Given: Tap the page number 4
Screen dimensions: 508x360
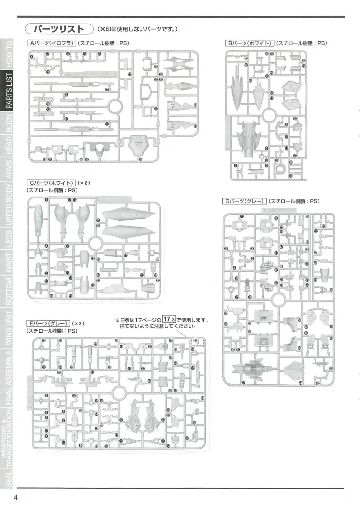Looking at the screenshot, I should tap(16, 497).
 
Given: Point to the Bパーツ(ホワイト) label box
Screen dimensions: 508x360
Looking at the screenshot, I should tap(249, 43).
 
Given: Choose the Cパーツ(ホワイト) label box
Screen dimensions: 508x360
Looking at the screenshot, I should tap(51, 183).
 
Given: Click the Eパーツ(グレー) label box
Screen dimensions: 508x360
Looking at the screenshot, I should tap(48, 323).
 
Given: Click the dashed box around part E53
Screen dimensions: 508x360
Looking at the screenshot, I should tap(198, 342).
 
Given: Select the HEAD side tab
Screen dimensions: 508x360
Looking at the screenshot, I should tap(9, 145).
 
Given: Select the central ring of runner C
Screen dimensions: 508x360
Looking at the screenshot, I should tap(95, 243).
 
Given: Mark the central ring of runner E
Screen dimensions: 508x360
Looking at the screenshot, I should tap(119, 393).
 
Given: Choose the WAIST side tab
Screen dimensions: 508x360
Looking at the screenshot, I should tap(9, 263).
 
